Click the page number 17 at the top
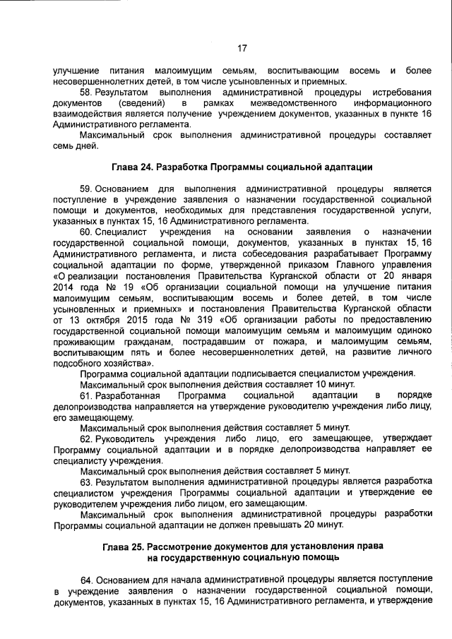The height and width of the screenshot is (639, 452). point(241,49)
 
